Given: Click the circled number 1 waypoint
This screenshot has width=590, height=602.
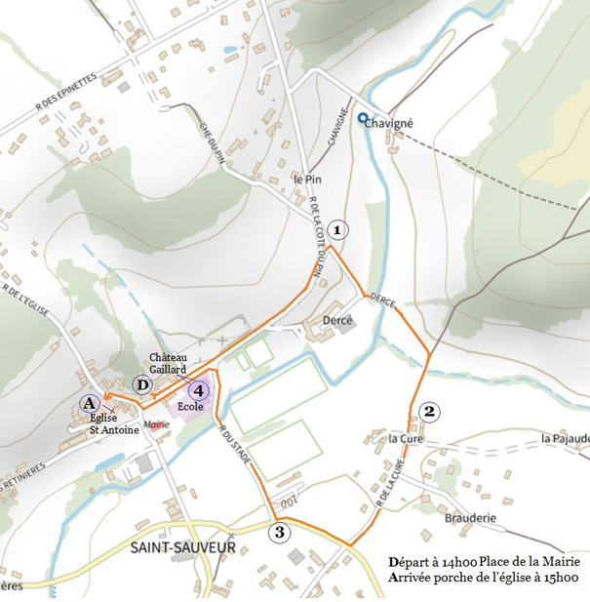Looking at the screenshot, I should tap(336, 230).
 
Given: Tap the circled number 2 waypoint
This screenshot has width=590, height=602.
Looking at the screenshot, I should tap(427, 412).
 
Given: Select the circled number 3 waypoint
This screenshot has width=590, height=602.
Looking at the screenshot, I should tap(280, 533).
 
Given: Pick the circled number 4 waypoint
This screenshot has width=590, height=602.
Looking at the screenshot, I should tap(198, 388).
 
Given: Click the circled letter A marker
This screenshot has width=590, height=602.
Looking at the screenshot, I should tap(90, 402).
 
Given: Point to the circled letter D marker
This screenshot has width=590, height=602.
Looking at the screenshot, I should tap(143, 384).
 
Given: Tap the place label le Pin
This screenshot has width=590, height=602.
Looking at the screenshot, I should tap(307, 181).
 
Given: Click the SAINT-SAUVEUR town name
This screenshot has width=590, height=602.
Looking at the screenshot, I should tap(183, 548).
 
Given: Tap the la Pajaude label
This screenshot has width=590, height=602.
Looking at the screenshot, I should tap(566, 439).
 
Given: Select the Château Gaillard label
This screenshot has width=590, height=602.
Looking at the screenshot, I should tap(175, 363).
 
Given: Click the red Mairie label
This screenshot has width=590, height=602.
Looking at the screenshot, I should tap(156, 424).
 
